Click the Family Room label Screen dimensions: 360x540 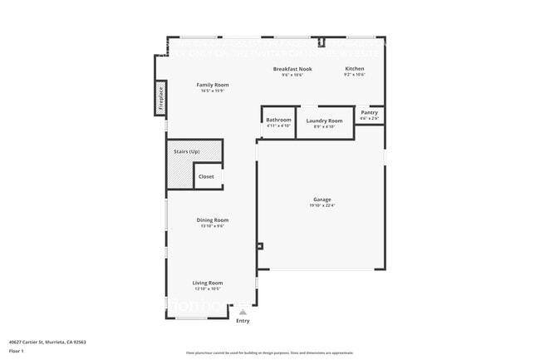pos(212,85)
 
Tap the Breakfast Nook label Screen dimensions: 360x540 pos(292,69)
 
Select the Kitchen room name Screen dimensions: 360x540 pos(355,68)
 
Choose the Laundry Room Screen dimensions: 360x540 pos(324,122)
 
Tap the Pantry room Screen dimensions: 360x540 pos(369,114)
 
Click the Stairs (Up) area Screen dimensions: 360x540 pos(186,152)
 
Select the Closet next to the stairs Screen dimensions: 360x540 pos(206,176)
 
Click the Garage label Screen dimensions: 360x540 pos(322,200)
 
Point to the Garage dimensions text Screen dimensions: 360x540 pos(322,206)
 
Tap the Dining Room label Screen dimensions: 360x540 pos(212,219)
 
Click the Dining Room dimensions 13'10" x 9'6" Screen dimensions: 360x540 pos(212,226)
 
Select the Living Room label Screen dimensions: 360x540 pos(208,283)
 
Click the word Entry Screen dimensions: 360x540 pos(243,321)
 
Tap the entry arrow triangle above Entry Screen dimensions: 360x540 pos(243,312)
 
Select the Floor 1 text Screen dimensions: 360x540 pos(17,351)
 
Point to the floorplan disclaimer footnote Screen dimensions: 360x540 pos(270,353)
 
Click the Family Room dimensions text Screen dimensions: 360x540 pos(212,91)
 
